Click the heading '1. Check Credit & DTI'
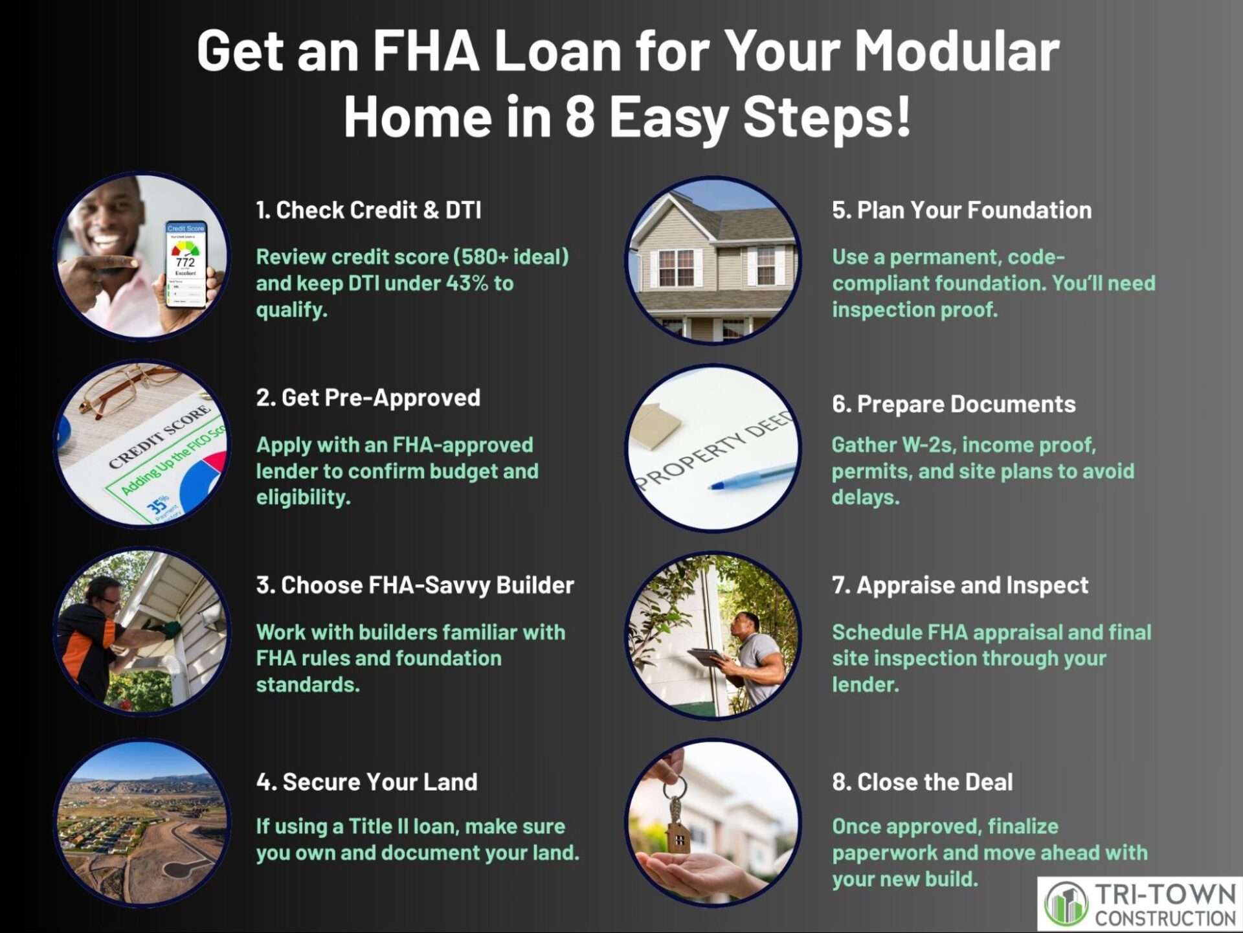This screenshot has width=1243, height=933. (368, 210)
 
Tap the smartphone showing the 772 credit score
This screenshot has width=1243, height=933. (186, 265)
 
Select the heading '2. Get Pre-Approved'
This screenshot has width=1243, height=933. (368, 398)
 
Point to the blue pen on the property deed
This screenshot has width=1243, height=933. (751, 477)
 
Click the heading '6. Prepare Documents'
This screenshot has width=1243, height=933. (954, 404)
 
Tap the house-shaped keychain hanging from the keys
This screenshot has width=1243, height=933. (678, 835)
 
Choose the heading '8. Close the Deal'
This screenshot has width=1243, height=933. (922, 782)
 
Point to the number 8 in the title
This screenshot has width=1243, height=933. (579, 117)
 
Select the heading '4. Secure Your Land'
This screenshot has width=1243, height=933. (366, 782)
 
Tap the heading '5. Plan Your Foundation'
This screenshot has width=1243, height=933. (961, 210)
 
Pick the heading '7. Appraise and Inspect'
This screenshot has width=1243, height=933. (960, 585)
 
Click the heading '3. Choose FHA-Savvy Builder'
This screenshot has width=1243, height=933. (415, 585)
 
